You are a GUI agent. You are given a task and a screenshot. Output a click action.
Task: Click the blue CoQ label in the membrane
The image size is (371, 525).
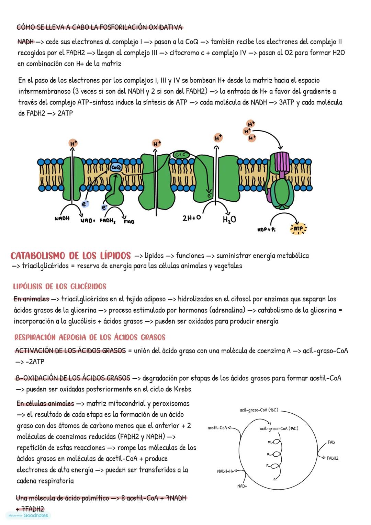[115, 167]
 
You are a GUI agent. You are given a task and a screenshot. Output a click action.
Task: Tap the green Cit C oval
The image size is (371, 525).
[180, 155]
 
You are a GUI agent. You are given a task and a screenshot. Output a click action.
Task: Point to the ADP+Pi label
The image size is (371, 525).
[266, 230]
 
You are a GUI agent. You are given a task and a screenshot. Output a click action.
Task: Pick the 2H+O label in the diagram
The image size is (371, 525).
[192, 218]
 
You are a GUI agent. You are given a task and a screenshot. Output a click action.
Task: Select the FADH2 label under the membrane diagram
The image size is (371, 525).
[107, 221]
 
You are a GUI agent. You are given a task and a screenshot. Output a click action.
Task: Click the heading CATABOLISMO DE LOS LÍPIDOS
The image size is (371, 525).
[71, 256]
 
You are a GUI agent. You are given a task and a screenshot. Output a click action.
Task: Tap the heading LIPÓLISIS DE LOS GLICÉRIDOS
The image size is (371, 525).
[60, 287]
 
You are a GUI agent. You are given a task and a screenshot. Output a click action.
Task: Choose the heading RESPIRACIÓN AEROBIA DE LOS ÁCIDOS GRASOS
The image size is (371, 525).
[90, 337]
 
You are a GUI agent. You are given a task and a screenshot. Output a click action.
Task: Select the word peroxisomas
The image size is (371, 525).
[171, 403]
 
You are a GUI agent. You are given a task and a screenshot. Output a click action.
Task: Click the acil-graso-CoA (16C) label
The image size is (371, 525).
[259, 410]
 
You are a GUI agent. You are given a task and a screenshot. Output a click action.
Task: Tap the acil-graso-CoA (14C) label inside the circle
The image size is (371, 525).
[279, 428]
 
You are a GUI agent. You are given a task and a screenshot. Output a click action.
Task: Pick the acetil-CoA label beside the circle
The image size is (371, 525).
[217, 428]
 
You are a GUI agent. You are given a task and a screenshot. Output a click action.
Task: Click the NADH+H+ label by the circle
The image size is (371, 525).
[225, 471]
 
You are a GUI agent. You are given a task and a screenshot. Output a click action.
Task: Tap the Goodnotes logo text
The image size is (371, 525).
[36, 515]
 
